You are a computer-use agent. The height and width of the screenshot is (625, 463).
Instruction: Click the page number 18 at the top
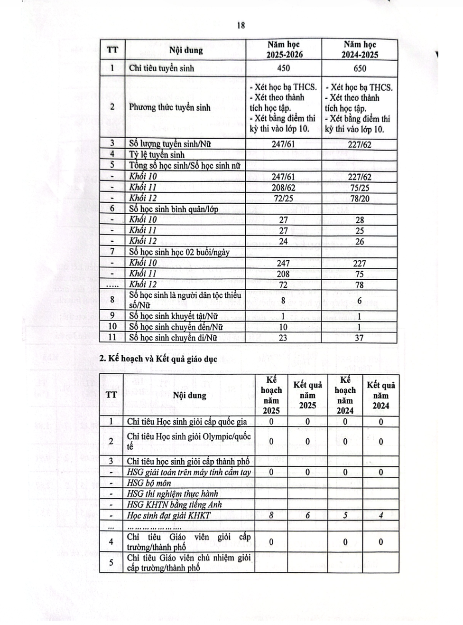pos(241,26)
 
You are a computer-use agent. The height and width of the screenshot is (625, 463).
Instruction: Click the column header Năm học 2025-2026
pos(284,49)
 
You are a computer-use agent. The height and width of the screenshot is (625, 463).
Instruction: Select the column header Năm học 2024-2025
pos(360,49)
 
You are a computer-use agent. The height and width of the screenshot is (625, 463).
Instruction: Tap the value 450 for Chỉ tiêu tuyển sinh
pos(284,68)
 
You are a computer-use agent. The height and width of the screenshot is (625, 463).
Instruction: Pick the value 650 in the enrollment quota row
pos(360,68)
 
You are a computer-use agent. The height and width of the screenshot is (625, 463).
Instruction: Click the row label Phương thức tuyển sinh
pos(169,107)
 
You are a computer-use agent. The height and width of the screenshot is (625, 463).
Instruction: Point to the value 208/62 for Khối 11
pos(284,187)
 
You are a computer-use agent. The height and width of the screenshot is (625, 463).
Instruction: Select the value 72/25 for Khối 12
pos(284,198)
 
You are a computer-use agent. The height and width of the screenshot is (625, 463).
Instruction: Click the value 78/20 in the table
pos(360,198)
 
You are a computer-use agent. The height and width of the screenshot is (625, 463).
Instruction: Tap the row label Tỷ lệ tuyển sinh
pos(157,154)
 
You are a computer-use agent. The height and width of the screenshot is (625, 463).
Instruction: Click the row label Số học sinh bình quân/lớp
pos(173,209)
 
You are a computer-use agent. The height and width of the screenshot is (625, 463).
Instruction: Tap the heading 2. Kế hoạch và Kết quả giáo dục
pos(158,359)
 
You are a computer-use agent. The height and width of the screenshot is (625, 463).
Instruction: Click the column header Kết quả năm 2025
pos(307,395)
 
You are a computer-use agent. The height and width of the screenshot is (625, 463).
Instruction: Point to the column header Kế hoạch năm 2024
pos(345,395)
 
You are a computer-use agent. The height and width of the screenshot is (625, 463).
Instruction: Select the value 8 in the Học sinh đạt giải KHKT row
pos(271,515)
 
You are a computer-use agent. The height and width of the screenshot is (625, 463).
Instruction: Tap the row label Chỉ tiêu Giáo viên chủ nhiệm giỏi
pos(189,562)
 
